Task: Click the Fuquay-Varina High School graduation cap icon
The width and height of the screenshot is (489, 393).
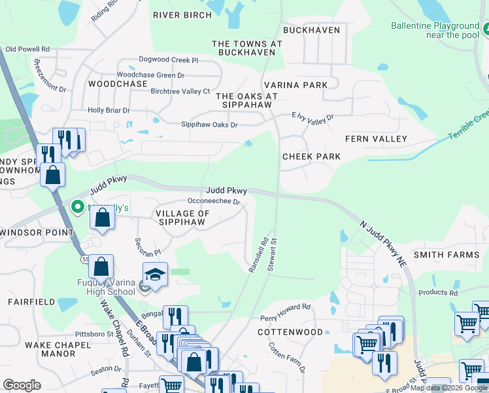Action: [x=155, y=274]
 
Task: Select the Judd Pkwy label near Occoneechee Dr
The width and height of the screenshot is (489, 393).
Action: [x=228, y=191]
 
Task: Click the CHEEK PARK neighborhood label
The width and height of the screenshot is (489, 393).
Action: [x=311, y=157]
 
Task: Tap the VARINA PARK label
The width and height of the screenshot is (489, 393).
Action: [x=295, y=85]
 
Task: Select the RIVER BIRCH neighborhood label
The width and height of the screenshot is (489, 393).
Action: [x=182, y=14]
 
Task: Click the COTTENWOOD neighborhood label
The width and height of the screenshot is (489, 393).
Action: [x=290, y=332]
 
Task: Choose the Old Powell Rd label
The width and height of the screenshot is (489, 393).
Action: [x=27, y=49]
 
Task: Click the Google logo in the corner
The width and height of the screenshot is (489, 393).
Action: [x=22, y=385]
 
